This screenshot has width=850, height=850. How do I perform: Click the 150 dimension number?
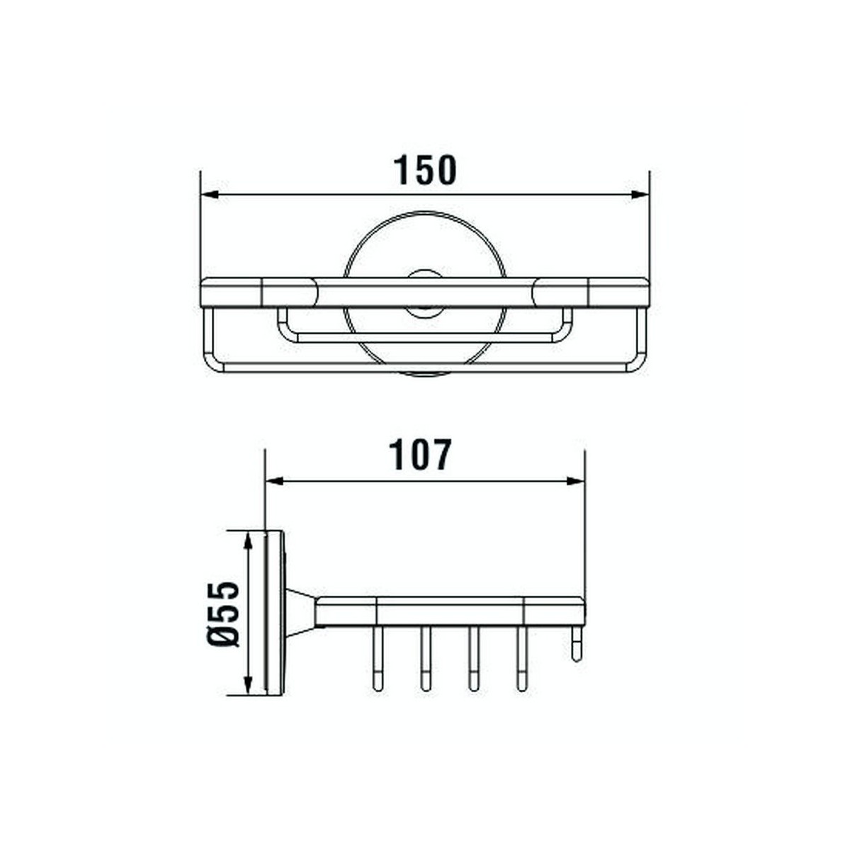(425, 170)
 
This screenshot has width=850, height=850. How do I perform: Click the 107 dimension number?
(420, 455)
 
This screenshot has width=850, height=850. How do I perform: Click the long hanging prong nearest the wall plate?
(376, 659)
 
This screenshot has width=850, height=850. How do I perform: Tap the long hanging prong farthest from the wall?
(522, 659)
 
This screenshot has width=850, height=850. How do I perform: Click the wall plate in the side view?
(274, 613)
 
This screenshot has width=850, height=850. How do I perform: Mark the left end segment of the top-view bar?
(232, 293)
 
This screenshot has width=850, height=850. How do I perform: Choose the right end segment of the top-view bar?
(618, 293)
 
